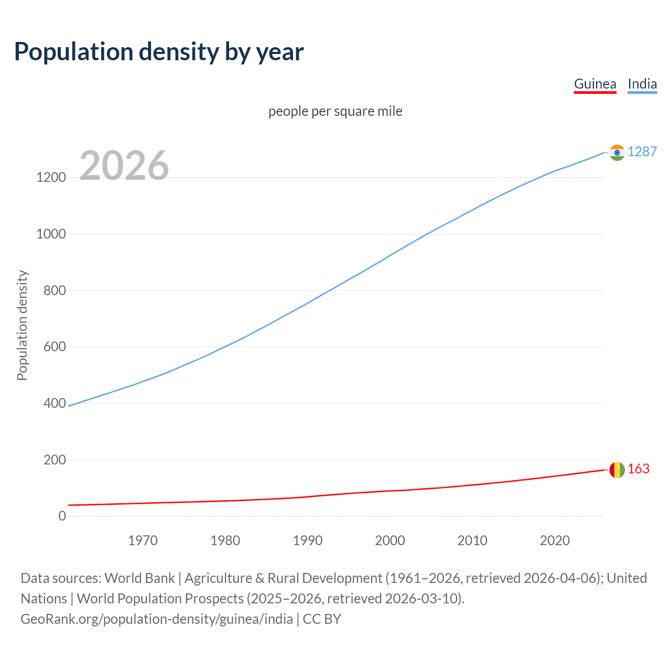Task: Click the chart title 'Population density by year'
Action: tap(159, 52)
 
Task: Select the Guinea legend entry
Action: tap(595, 84)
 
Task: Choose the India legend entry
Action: tap(642, 84)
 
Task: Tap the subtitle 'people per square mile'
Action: tap(335, 111)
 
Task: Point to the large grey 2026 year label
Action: tap(124, 166)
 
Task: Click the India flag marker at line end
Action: tap(617, 153)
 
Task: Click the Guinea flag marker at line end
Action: tap(617, 470)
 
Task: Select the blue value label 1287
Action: tap(642, 151)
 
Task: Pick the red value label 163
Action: tap(638, 469)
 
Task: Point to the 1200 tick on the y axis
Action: tap(51, 178)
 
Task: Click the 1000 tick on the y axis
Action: tap(51, 234)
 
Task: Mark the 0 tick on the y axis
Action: tap(62, 516)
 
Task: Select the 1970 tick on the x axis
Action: tap(143, 540)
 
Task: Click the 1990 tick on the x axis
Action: tap(308, 540)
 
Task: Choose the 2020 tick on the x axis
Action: tap(555, 540)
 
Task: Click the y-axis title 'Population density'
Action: tap(22, 325)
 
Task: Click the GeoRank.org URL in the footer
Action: tap(157, 619)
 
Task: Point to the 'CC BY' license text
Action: tap(322, 619)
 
